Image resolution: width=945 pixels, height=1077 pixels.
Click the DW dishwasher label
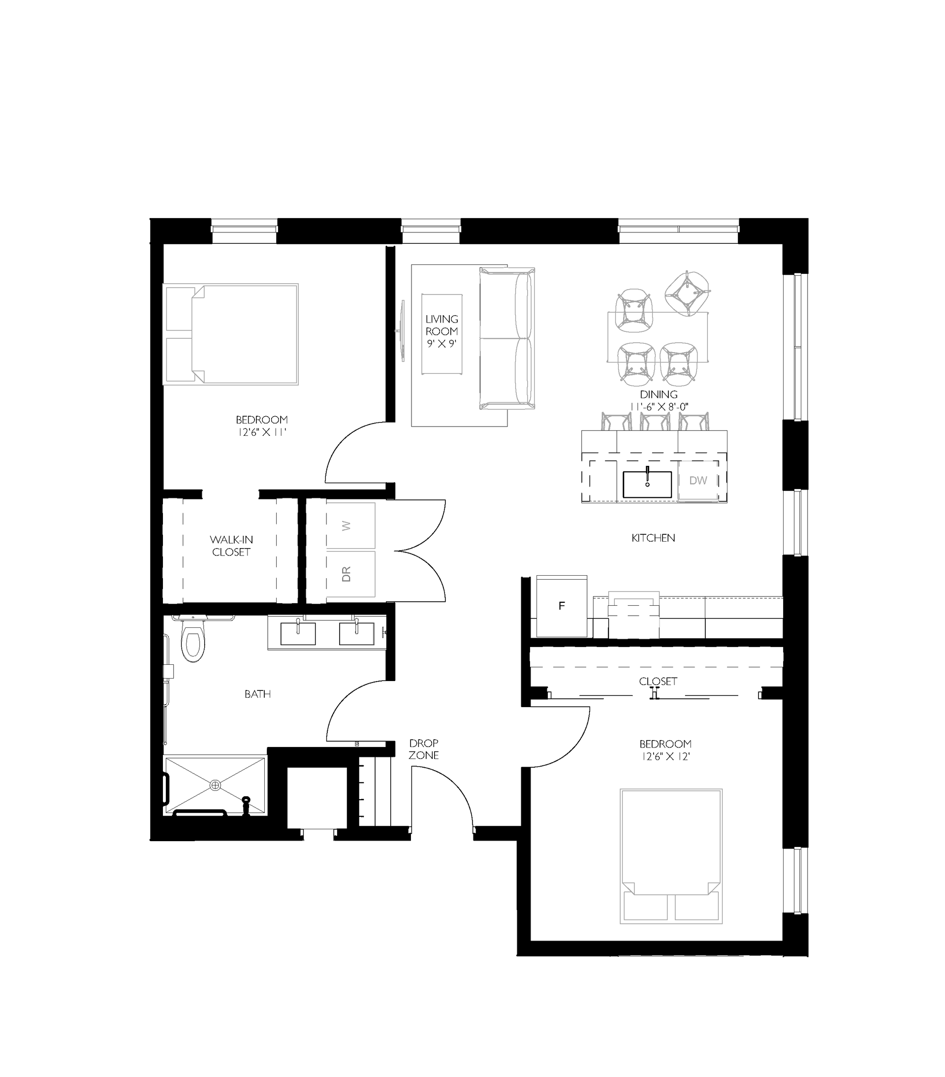click(x=698, y=481)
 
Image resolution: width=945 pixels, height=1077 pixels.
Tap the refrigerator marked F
click(x=562, y=606)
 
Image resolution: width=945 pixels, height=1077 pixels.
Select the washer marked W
click(x=350, y=525)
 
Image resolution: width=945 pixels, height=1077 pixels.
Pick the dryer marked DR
click(x=350, y=574)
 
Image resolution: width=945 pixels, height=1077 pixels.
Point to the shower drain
click(x=215, y=785)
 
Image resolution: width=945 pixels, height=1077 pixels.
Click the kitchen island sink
click(x=647, y=484)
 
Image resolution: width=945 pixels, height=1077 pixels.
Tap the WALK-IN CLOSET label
click(x=231, y=546)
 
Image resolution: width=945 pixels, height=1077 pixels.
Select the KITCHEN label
click(x=653, y=538)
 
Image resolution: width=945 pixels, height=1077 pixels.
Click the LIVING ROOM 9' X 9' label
click(x=441, y=331)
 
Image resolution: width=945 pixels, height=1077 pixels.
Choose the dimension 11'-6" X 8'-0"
click(x=659, y=407)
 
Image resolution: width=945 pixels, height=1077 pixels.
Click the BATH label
click(x=257, y=694)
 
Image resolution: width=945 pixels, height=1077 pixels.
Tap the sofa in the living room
click(x=507, y=338)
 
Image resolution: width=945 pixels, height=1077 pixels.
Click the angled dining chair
click(x=687, y=294)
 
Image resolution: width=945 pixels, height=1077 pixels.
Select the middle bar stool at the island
click(x=655, y=422)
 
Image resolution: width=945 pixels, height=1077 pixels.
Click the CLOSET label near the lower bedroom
click(x=658, y=681)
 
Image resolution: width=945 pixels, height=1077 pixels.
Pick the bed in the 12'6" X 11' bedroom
click(x=231, y=334)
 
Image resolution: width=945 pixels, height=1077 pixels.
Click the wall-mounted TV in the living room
click(x=402, y=331)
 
